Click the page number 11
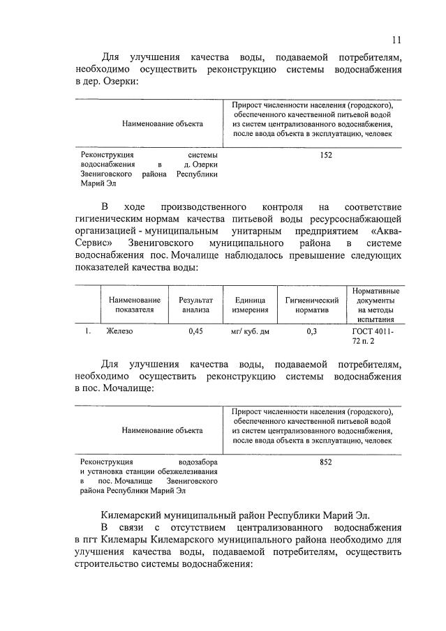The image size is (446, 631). click(x=396, y=40)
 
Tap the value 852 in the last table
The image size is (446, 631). click(x=326, y=462)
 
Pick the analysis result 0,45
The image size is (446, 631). click(x=195, y=332)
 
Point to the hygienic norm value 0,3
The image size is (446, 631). click(x=312, y=332)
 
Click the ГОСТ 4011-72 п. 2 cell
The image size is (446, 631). click(x=373, y=337)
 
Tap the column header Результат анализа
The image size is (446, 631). click(x=195, y=305)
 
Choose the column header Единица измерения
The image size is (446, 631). click(x=251, y=305)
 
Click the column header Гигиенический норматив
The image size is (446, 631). click(x=312, y=305)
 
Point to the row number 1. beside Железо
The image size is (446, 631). click(x=89, y=332)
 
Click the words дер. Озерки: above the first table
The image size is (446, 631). click(x=114, y=82)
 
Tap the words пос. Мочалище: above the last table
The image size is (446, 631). click(x=119, y=389)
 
